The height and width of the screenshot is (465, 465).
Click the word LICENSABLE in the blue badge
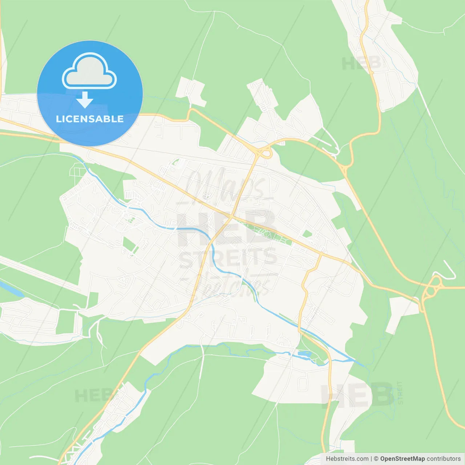[90, 119]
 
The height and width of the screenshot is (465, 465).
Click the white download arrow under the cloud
[85, 100]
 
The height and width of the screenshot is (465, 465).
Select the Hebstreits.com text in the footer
[347, 458]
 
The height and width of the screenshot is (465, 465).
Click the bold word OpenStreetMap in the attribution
[403, 458]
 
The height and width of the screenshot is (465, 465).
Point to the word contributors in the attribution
[444, 458]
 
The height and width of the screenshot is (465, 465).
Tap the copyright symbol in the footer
[376, 458]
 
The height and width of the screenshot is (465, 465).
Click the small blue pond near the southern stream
[304, 353]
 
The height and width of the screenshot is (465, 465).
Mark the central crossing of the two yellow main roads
[231, 217]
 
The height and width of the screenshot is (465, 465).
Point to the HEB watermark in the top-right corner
[361, 64]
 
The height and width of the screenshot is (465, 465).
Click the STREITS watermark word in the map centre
[228, 258]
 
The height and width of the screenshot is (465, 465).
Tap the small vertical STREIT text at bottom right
[400, 393]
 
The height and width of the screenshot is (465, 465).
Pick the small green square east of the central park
[307, 234]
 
